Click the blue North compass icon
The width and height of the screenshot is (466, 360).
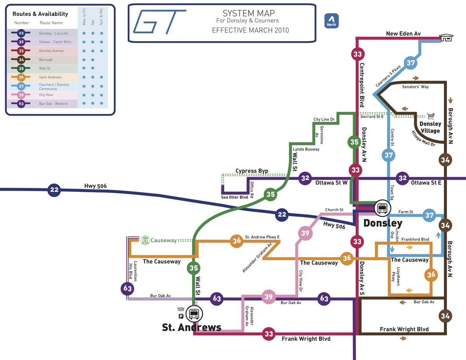(x=332, y=21)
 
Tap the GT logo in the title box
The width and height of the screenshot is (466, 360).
(x=159, y=21)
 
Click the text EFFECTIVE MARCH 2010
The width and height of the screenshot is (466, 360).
(x=250, y=30)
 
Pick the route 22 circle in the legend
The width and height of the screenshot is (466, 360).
(x=21, y=33)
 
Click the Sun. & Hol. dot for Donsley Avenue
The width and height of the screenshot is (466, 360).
(x=101, y=51)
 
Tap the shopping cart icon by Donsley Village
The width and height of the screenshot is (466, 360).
(x=430, y=116)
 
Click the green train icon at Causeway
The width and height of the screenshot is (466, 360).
(x=145, y=240)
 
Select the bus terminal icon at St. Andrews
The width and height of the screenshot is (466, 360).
(x=193, y=313)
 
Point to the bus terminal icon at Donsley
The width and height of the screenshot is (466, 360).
(x=382, y=208)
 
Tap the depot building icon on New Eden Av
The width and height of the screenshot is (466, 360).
(x=446, y=37)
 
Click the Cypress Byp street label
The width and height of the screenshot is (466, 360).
(x=252, y=171)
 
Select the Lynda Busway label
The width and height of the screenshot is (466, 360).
(x=306, y=149)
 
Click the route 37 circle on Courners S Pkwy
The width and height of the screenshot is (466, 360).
(x=411, y=63)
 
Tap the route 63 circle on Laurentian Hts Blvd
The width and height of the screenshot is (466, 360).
(x=127, y=288)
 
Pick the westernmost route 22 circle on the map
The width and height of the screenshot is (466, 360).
(x=54, y=190)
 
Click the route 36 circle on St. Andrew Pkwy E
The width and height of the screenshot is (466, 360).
(x=236, y=241)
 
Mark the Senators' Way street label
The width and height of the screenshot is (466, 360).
(x=416, y=87)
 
